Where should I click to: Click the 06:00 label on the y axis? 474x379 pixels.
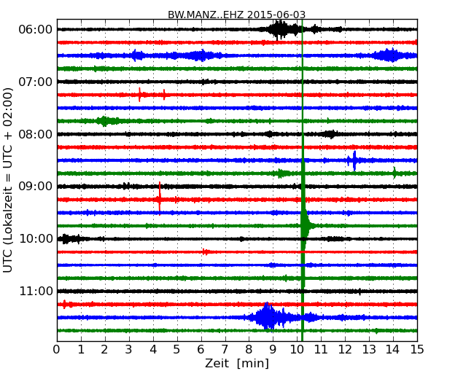35,29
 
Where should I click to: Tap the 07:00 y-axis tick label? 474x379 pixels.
35,82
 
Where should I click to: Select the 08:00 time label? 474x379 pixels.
35,134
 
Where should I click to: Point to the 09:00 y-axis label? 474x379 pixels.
35,187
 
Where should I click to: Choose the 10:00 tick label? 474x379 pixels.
35,239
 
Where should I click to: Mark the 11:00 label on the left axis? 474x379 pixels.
35,292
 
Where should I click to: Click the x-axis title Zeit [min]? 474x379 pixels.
236,364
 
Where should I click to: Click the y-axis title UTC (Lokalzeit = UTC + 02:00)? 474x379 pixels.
9,179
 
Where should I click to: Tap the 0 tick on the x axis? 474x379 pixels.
57,350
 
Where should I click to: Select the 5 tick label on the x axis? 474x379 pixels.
177,350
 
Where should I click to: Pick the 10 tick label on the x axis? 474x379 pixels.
297,350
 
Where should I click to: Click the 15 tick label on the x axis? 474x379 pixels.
417,350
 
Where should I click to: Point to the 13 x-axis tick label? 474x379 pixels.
369,350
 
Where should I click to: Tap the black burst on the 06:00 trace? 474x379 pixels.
280,29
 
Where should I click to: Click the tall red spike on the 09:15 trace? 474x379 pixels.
160,198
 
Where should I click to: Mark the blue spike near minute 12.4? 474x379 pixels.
354,160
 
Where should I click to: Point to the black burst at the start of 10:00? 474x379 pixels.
69,238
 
